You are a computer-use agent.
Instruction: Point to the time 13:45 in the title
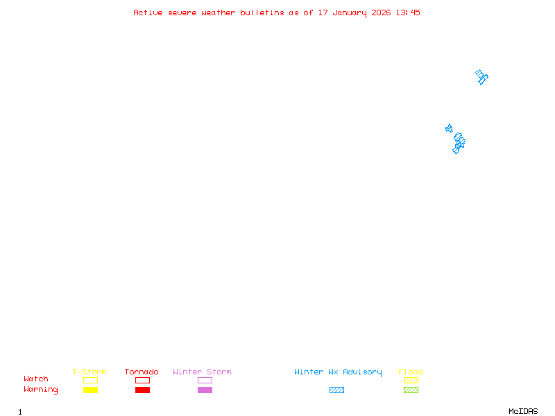[x=409, y=12]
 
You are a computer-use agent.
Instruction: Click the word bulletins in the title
[x=262, y=12]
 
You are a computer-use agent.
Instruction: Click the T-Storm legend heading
[x=89, y=372]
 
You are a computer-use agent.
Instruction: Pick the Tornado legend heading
[x=142, y=372]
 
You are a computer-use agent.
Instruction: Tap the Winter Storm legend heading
[x=202, y=372]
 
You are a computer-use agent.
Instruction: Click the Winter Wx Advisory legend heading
[x=338, y=372]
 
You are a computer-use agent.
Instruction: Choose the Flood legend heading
[x=411, y=372]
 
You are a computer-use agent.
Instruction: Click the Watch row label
[x=36, y=379]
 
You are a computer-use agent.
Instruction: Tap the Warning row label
[x=41, y=390]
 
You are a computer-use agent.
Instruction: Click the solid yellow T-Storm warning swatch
[x=90, y=390]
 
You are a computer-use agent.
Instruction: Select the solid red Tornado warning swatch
[x=142, y=390]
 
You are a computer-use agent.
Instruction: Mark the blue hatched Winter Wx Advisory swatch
[x=336, y=390]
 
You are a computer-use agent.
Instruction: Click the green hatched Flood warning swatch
[x=411, y=390]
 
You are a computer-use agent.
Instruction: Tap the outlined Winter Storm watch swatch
[x=205, y=381]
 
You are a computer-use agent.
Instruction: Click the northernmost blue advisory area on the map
[x=481, y=77]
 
